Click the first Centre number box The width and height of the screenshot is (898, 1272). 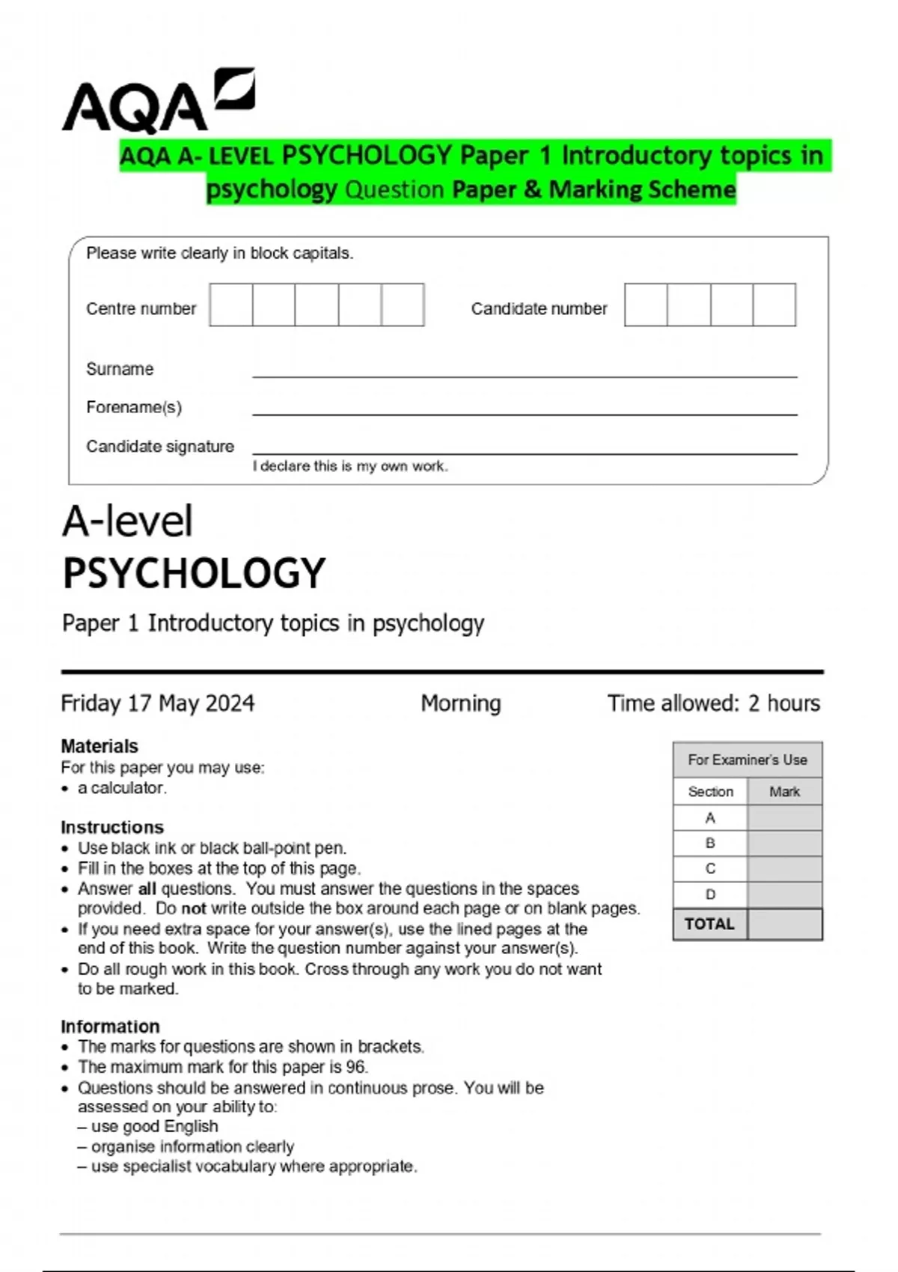(x=231, y=305)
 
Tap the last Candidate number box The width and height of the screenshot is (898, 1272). (x=774, y=305)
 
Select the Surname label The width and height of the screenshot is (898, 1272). (x=120, y=369)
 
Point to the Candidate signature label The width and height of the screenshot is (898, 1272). (x=160, y=447)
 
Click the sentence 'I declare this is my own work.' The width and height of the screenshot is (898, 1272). (x=350, y=466)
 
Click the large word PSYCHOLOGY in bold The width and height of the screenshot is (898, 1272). (x=194, y=574)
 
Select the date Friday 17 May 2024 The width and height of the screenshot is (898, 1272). (x=158, y=703)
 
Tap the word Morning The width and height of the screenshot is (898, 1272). (x=461, y=703)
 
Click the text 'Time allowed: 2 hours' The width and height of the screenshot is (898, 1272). (x=713, y=703)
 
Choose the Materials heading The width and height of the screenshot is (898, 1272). (x=100, y=746)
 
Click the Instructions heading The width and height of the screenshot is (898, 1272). (x=112, y=827)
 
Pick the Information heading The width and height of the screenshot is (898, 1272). (x=110, y=1027)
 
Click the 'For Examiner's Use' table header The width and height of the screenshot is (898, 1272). (x=748, y=760)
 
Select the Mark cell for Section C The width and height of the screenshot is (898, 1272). (x=784, y=869)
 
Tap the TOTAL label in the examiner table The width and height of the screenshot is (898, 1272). (x=709, y=924)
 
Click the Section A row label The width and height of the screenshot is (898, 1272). (x=710, y=818)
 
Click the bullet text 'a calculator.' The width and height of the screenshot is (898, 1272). (x=122, y=788)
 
